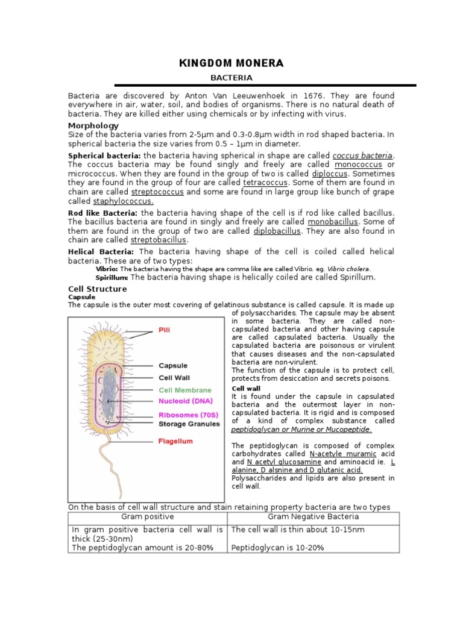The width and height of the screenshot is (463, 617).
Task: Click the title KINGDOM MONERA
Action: click(x=231, y=63)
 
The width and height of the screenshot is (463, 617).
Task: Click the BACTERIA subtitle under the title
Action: click(x=231, y=78)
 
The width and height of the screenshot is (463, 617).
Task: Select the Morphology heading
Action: click(x=93, y=125)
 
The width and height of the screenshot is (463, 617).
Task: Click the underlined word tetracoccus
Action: click(x=265, y=182)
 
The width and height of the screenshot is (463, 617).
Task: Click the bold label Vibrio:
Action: click(x=107, y=269)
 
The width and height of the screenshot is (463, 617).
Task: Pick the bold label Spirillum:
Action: click(x=112, y=277)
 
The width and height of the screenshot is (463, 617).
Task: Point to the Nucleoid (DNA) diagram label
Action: click(x=185, y=400)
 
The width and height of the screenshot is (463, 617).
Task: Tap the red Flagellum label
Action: click(x=175, y=441)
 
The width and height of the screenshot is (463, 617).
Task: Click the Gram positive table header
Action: click(x=148, y=517)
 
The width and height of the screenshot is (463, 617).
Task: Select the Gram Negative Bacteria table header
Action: click(x=313, y=517)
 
